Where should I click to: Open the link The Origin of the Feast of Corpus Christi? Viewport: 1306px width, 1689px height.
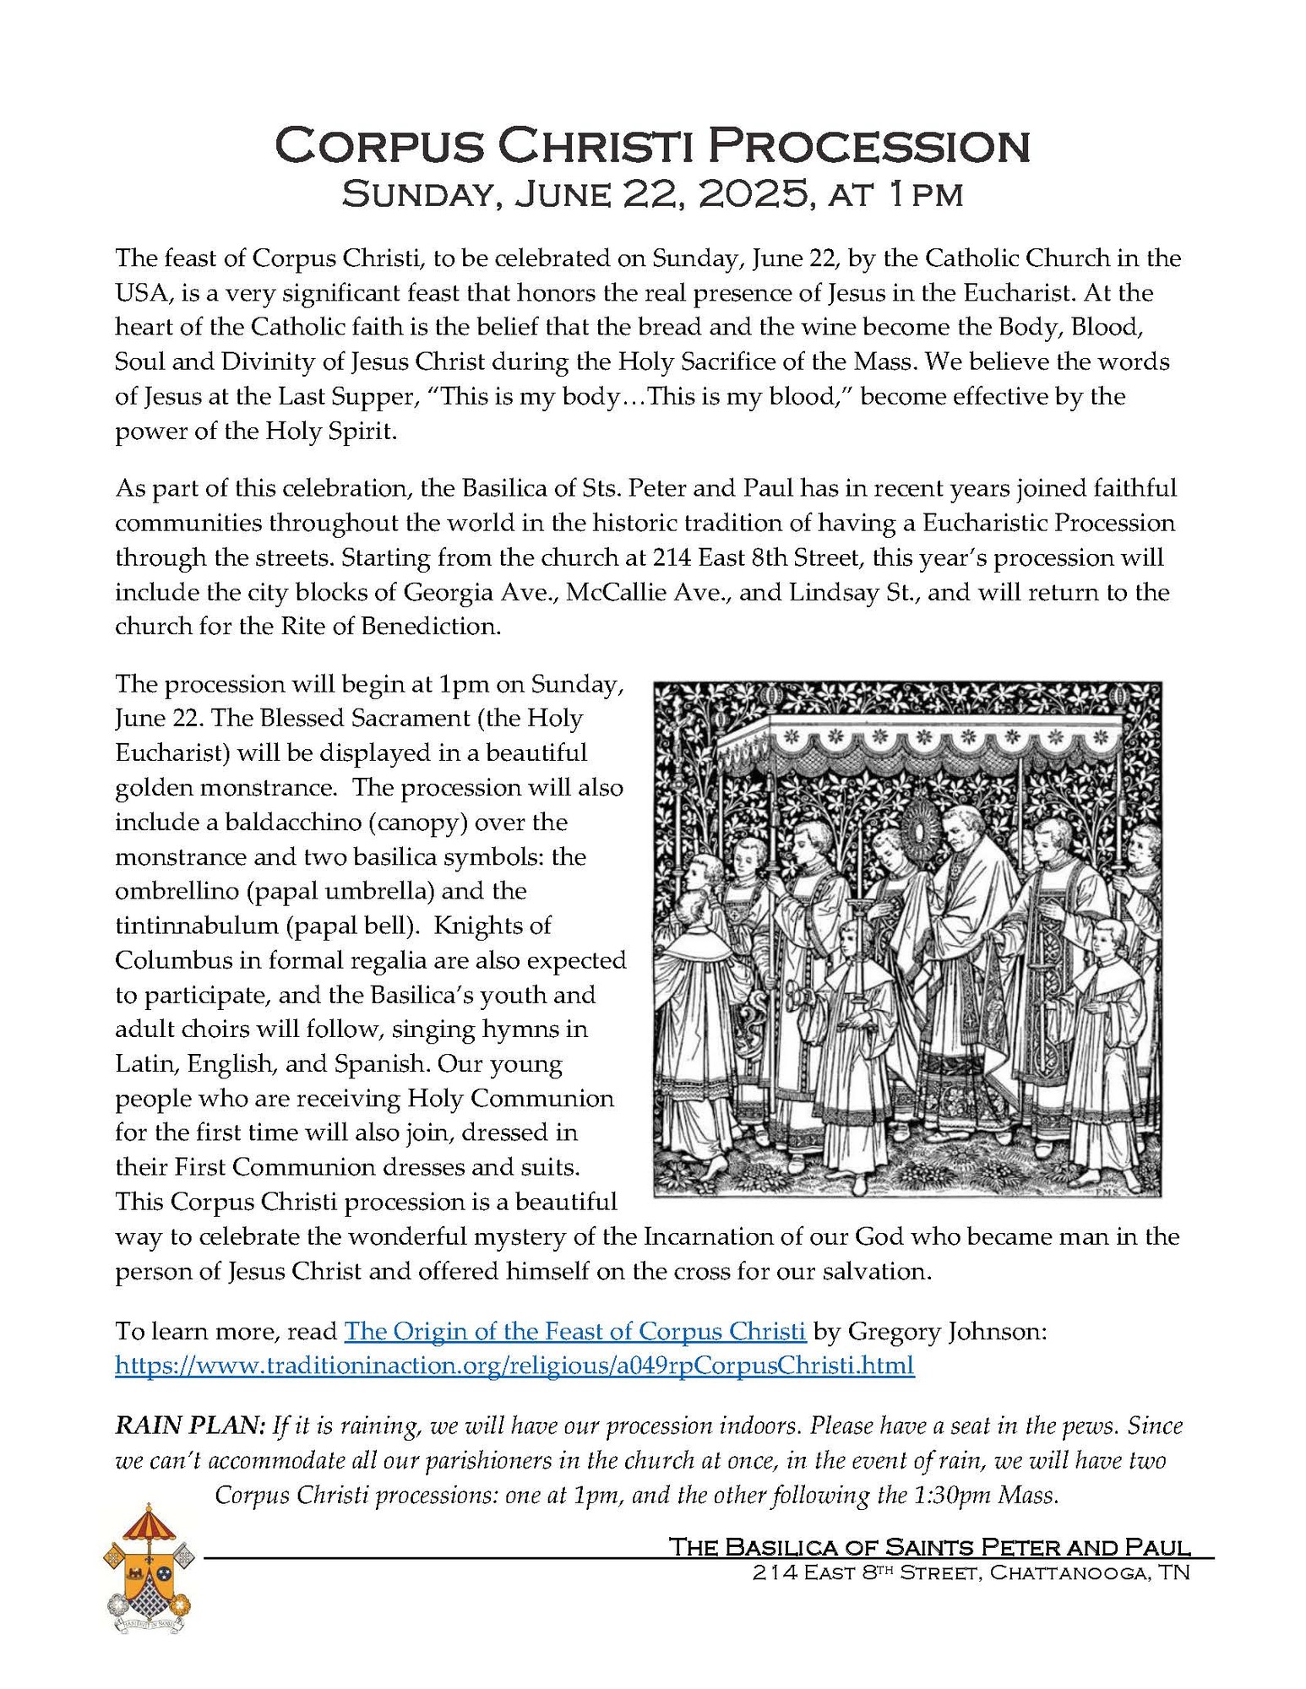coord(574,1331)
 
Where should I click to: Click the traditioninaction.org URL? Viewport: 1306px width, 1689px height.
coord(514,1366)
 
